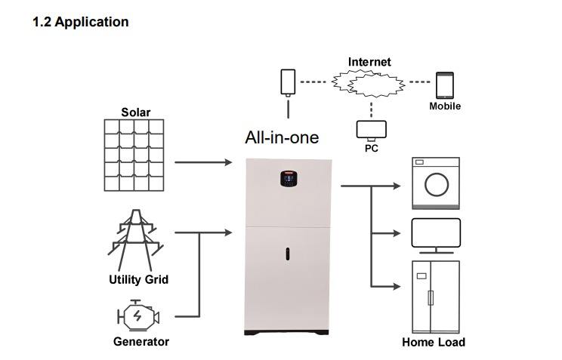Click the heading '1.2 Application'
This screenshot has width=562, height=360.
(x=81, y=22)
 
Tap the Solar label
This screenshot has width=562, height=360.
(x=136, y=112)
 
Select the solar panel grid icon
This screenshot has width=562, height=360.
(x=134, y=155)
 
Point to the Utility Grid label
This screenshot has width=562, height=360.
(x=139, y=279)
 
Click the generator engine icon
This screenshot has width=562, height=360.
(x=138, y=315)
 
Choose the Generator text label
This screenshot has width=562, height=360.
(x=141, y=341)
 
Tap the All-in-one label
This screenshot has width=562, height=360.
(x=282, y=137)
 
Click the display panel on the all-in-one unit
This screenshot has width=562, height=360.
(x=289, y=179)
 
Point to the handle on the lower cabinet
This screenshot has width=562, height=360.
(x=288, y=254)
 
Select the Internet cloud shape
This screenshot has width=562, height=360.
(x=368, y=84)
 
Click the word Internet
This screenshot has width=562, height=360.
(x=369, y=62)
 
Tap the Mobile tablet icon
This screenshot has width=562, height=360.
(x=445, y=85)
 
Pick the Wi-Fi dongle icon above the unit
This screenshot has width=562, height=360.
(x=288, y=83)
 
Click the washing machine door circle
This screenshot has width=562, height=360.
(x=437, y=185)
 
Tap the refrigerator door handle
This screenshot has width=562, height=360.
(x=431, y=298)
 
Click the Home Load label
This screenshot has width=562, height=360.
(x=434, y=342)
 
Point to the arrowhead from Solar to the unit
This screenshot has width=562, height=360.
(x=228, y=162)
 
